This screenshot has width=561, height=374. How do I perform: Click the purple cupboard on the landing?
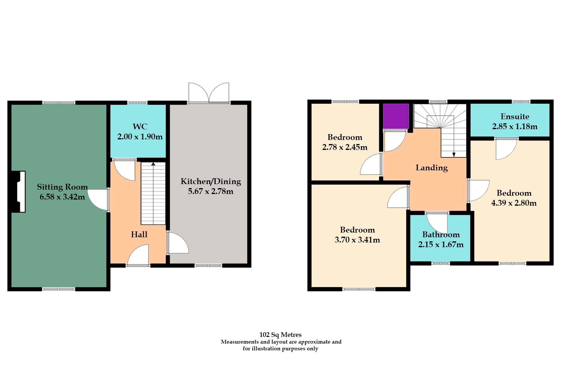(x=396, y=116)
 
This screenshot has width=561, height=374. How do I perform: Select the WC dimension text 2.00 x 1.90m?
(x=140, y=137)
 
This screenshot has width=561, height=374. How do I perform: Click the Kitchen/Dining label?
(x=211, y=181)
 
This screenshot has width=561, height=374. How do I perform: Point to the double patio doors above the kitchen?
(x=209, y=93)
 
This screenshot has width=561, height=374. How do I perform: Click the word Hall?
(x=139, y=234)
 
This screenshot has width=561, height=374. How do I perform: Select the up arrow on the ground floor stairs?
(x=153, y=164)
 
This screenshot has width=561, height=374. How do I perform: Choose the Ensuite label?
(x=515, y=117)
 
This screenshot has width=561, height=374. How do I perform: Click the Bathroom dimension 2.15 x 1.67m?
(x=441, y=245)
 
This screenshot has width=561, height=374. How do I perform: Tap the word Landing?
(x=432, y=168)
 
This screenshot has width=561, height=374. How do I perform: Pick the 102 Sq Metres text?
(x=280, y=335)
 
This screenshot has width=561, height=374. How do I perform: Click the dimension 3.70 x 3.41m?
(x=357, y=240)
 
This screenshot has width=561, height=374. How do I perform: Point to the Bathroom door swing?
(x=437, y=223)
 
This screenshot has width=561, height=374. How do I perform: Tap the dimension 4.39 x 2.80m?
(x=514, y=203)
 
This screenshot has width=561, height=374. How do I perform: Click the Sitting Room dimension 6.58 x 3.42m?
(x=62, y=197)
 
